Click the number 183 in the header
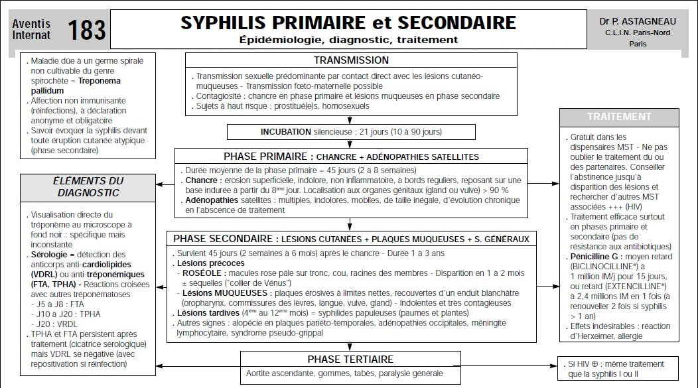(x=86, y=29)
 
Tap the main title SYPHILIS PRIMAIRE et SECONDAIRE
(x=348, y=23)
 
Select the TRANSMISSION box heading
(x=351, y=60)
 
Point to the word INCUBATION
(x=285, y=132)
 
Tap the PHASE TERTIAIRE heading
(x=350, y=359)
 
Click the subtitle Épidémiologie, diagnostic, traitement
(x=348, y=40)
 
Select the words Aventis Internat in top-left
(x=31, y=29)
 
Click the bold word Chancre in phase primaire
(x=201, y=180)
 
